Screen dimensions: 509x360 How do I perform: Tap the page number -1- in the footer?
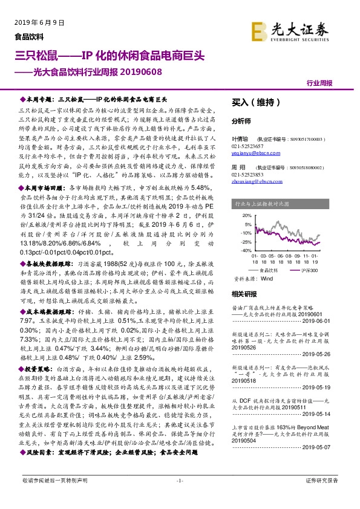[180, 497]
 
